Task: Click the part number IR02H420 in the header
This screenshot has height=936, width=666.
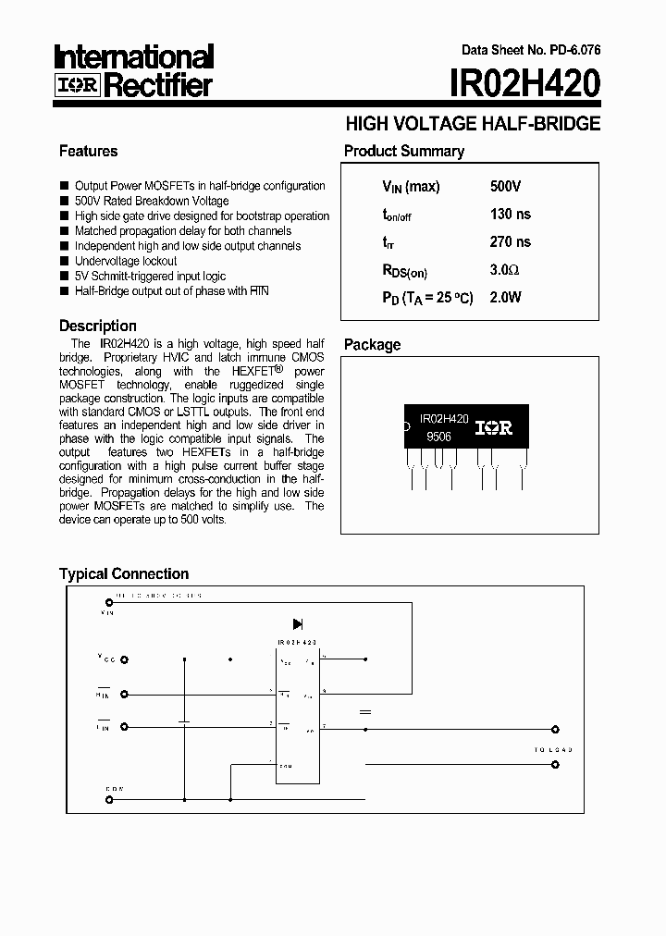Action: [525, 84]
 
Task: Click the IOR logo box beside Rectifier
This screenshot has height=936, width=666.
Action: [77, 87]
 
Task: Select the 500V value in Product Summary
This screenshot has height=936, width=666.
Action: [505, 187]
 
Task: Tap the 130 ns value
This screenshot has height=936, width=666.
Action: [510, 215]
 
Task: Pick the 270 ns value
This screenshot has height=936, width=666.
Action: [510, 242]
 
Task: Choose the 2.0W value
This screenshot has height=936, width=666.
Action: [505, 298]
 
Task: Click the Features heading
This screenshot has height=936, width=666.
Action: [88, 151]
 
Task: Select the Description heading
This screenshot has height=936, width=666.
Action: [97, 326]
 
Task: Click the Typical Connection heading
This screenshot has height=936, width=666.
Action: [123, 573]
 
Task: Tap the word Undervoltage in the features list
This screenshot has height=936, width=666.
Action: [107, 261]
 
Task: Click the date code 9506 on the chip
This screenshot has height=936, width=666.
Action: [438, 437]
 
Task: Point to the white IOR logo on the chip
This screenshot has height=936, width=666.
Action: [493, 428]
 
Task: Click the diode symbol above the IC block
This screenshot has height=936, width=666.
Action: [298, 624]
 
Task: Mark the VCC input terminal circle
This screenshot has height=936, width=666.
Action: [124, 660]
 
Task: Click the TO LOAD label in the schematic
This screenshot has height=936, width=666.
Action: [553, 749]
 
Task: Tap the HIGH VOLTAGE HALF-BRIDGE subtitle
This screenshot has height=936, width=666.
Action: [473, 123]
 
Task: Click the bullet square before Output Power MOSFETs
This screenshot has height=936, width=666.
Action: [64, 186]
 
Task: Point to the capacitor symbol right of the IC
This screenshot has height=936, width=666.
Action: [364, 712]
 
